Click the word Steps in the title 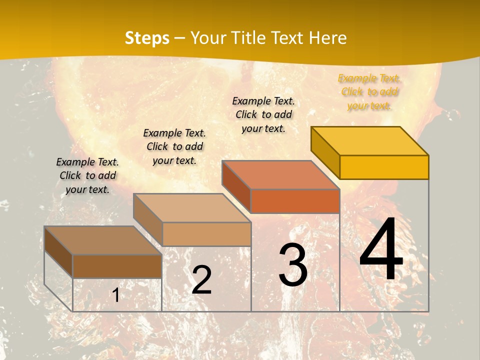tap(147, 38)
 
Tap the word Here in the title tap(327, 38)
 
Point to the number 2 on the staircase tap(201, 280)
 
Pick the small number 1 tap(116, 295)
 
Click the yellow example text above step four tap(369, 92)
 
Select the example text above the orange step tap(263, 114)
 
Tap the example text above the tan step tap(174, 146)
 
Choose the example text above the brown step tap(87, 175)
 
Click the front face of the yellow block tap(384, 167)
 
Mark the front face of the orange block tap(295, 201)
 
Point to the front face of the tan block tap(206, 234)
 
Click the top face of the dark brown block tap(103, 240)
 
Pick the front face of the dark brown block tap(117, 266)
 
